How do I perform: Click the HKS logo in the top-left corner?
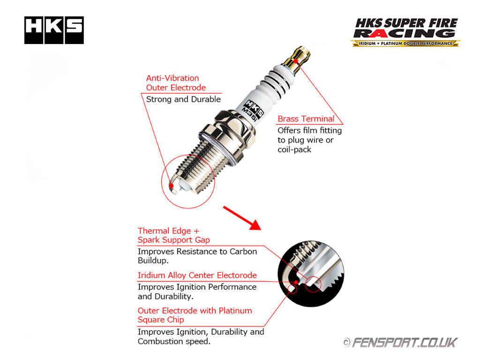[54, 30]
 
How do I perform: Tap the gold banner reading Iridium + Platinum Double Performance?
[405, 44]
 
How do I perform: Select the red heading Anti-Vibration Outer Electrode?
[176, 82]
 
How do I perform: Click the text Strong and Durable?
[183, 99]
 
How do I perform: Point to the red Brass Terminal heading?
[306, 119]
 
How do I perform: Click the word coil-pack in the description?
[294, 150]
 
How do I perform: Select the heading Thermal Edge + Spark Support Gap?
[173, 235]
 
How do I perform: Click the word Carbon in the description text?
[243, 251]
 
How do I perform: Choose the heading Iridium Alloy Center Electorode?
[197, 275]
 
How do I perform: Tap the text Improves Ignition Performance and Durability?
[197, 292]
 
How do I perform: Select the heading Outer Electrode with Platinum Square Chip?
[195, 315]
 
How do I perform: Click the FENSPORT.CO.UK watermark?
[400, 343]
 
